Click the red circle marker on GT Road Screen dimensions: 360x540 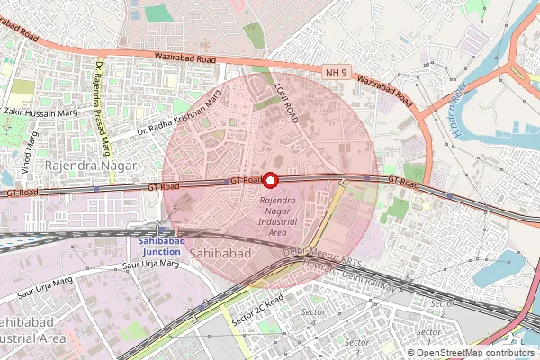269,179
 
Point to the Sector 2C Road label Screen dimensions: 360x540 257,310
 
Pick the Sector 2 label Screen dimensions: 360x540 442,303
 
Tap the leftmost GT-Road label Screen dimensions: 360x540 22,193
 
